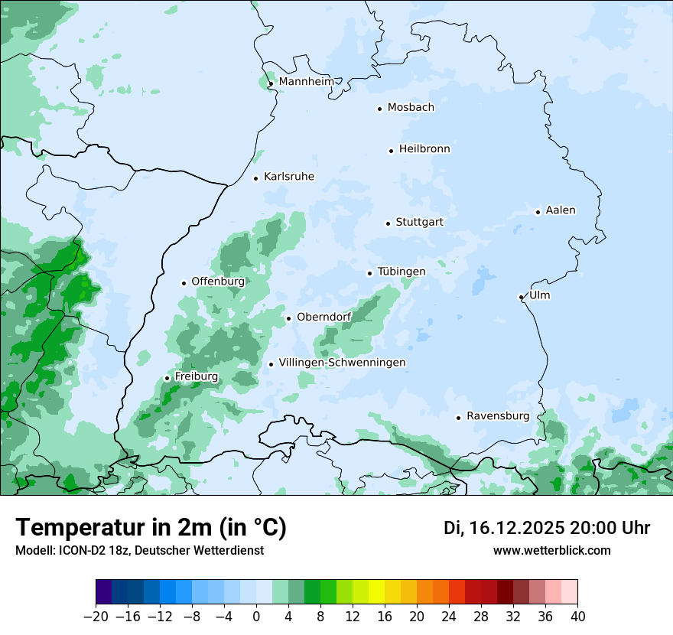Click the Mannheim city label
(x=306, y=82)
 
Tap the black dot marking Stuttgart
(x=388, y=223)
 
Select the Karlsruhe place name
(x=289, y=177)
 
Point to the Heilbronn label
(x=424, y=149)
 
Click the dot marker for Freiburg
(x=167, y=378)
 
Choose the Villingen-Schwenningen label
(x=342, y=363)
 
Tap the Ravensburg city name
(x=498, y=416)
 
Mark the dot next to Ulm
(x=521, y=297)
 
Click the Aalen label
(x=561, y=210)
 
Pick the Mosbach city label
(x=411, y=108)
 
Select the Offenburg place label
(x=218, y=282)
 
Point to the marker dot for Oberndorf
(x=288, y=318)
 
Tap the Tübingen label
(x=402, y=272)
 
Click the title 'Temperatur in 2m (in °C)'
(x=151, y=528)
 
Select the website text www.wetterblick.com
(x=551, y=550)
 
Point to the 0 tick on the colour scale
(x=256, y=616)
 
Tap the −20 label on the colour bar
(x=96, y=616)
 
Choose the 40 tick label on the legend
(x=577, y=616)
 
